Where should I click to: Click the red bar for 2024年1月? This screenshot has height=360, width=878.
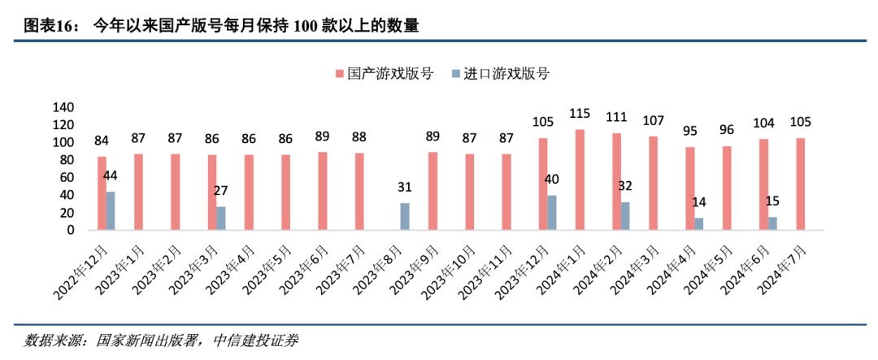point(580,180)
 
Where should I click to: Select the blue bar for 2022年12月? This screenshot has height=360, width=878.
point(111,211)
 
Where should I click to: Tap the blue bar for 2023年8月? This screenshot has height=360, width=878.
point(405,217)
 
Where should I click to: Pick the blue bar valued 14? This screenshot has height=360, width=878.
point(699,224)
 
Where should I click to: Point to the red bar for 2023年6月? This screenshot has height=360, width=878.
point(323,191)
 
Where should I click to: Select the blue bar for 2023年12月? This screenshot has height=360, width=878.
point(552,213)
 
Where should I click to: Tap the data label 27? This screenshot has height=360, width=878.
point(220,190)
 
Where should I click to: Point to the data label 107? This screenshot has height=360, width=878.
point(654,120)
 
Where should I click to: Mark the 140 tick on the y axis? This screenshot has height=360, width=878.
point(63,107)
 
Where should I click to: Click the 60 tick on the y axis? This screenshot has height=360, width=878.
point(67,177)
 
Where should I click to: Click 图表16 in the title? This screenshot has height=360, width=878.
point(50,26)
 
